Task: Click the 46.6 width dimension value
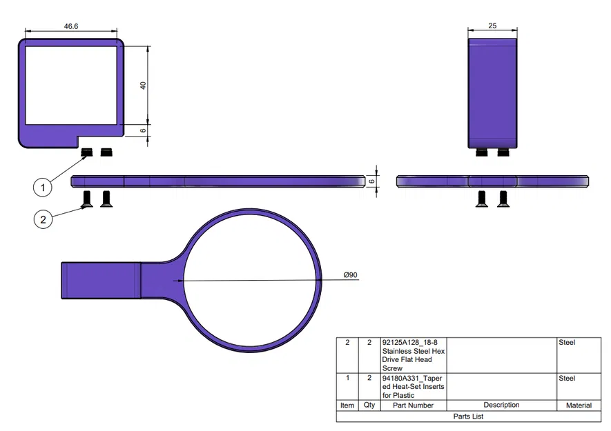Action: click(x=71, y=26)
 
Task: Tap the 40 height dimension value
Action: click(x=143, y=86)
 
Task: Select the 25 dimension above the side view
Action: click(x=492, y=26)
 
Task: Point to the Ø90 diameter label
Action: click(x=350, y=275)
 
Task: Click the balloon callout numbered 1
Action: click(x=43, y=188)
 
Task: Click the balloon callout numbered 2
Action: click(x=43, y=219)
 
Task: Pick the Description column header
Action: click(x=501, y=405)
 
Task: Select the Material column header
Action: click(x=579, y=405)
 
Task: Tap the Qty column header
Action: click(x=369, y=405)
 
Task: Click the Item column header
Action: click(x=347, y=405)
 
